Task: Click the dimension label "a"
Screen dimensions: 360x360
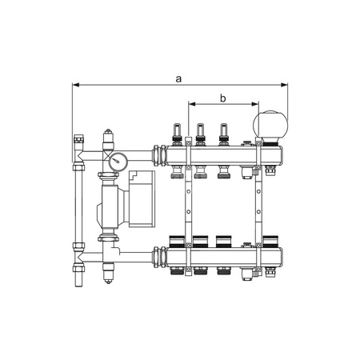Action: pyautogui.click(x=178, y=79)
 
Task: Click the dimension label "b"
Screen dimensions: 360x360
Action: pyautogui.click(x=222, y=98)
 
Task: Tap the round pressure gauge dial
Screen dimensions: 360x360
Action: pyautogui.click(x=118, y=162)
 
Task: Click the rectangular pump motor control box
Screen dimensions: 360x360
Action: pyautogui.click(x=142, y=198)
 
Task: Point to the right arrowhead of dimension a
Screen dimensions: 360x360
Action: pyautogui.click(x=284, y=85)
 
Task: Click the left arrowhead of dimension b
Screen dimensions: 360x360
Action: pyautogui.click(x=192, y=104)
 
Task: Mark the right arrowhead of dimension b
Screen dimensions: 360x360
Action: pyautogui.click(x=255, y=104)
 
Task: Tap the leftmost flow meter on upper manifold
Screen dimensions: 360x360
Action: pyautogui.click(x=177, y=134)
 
